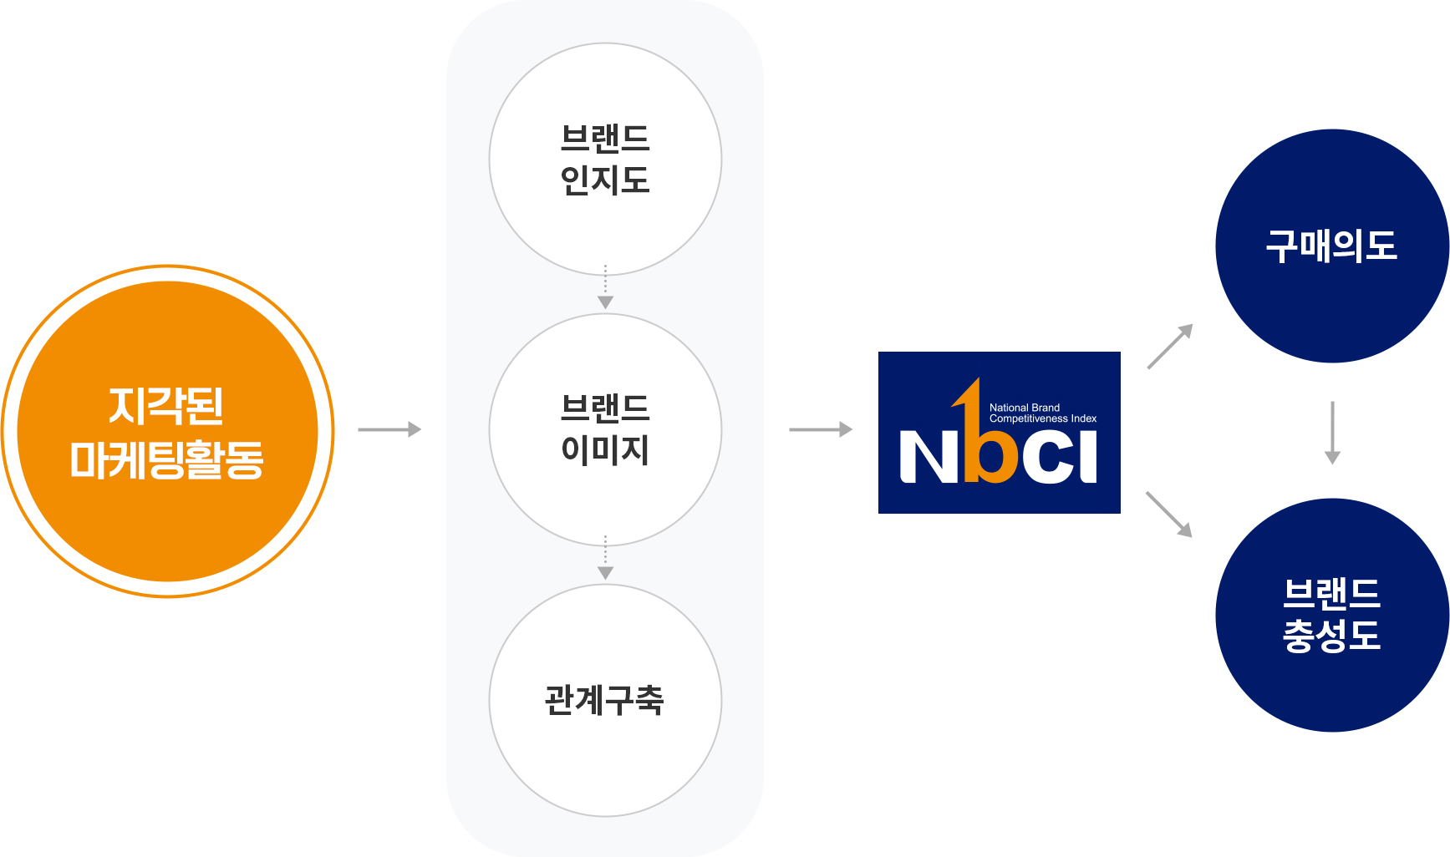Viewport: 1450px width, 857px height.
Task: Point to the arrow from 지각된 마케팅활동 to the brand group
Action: click(389, 429)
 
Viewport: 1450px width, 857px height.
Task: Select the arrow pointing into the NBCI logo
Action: click(821, 429)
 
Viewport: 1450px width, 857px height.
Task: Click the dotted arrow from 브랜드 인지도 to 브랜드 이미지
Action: click(605, 289)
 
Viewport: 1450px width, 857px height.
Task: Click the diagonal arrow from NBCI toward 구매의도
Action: click(1170, 346)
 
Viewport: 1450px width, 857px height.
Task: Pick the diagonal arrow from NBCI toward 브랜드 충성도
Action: click(1169, 514)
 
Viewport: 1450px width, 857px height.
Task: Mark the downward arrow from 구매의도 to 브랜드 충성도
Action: click(1332, 433)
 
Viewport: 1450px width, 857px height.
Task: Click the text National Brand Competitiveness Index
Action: click(1042, 413)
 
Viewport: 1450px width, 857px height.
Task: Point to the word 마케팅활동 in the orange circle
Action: click(167, 459)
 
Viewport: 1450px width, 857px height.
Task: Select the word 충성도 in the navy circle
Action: click(1332, 636)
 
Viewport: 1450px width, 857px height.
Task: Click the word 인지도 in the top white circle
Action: click(605, 180)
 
